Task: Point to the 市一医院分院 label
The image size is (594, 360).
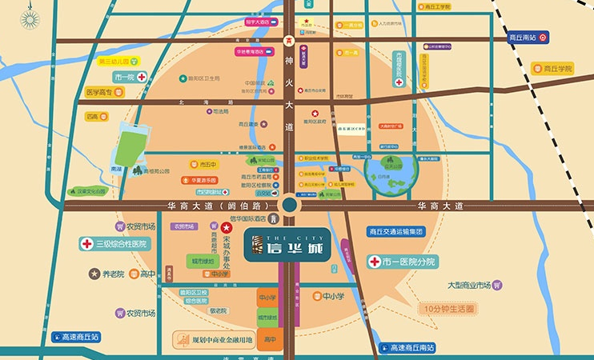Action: pyautogui.click(x=400, y=262)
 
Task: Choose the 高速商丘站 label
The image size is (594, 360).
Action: pyautogui.click(x=83, y=338)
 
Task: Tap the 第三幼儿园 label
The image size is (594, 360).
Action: pyautogui.click(x=114, y=61)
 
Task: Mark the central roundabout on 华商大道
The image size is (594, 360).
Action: pyautogui.click(x=289, y=206)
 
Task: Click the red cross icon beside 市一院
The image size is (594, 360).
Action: pyautogui.click(x=142, y=78)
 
